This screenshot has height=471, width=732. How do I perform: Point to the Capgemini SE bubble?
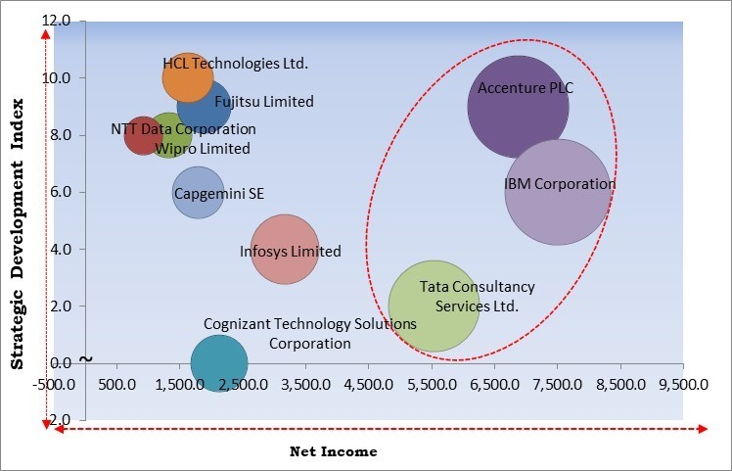[x=198, y=193]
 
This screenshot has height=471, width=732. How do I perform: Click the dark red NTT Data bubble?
[x=144, y=137]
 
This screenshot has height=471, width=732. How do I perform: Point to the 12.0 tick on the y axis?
[x=58, y=21]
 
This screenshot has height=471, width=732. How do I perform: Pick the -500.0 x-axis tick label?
[x=59, y=383]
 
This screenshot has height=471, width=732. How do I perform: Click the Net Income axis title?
[x=333, y=451]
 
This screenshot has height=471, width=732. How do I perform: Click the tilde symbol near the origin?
[x=86, y=358]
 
